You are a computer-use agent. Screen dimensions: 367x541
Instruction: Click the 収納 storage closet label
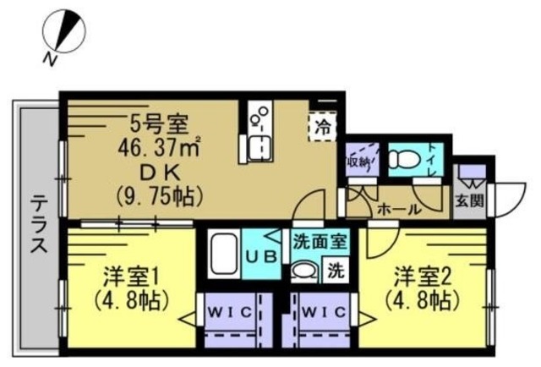pos(358,161)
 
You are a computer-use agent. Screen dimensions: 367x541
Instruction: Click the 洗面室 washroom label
pos(320,241)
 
